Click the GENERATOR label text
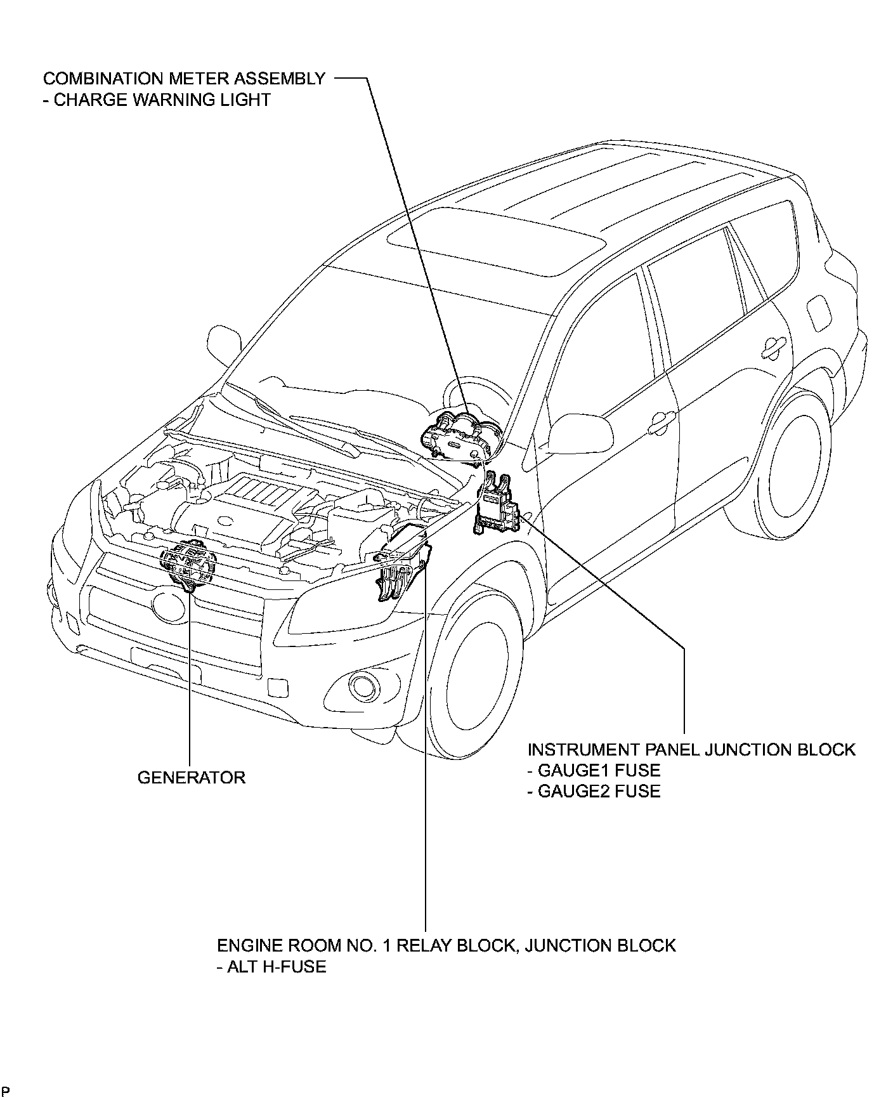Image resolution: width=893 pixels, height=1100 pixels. click(191, 777)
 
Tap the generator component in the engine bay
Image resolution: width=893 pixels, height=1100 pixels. click(188, 564)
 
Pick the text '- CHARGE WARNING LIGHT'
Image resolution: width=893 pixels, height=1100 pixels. click(157, 100)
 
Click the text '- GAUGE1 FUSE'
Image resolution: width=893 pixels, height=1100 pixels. click(594, 770)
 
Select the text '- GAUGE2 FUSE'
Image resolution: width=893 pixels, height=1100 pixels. click(594, 791)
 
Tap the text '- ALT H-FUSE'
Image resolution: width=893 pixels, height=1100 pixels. click(271, 967)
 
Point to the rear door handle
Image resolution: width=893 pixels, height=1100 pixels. click(774, 344)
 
